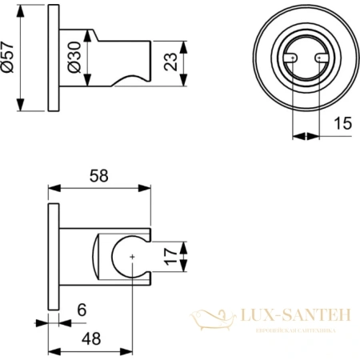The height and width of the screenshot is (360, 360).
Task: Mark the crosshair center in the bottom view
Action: tap(130, 257)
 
